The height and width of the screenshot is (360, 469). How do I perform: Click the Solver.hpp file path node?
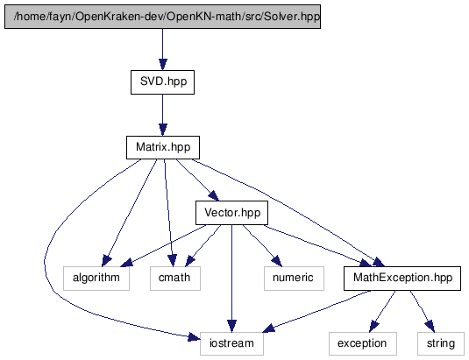(x=162, y=17)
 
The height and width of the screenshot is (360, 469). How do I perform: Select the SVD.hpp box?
(x=162, y=82)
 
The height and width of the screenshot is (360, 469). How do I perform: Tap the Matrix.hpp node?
(x=163, y=147)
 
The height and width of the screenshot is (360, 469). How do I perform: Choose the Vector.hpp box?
(x=231, y=213)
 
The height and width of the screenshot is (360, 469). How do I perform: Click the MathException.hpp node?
(x=402, y=279)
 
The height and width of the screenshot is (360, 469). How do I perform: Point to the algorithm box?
(x=96, y=279)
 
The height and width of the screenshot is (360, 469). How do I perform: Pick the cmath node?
(x=175, y=279)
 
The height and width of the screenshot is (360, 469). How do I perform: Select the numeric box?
(x=294, y=279)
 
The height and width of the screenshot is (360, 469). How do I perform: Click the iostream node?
(x=231, y=343)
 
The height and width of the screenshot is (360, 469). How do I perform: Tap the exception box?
(x=363, y=343)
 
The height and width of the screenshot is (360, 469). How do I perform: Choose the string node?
(x=441, y=343)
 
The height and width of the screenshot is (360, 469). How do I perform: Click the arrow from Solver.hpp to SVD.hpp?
(x=163, y=49)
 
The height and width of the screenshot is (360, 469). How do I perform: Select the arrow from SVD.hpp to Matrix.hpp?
(x=163, y=115)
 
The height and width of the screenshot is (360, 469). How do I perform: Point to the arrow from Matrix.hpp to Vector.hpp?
(x=197, y=180)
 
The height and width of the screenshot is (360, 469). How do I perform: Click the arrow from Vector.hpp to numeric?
(x=262, y=245)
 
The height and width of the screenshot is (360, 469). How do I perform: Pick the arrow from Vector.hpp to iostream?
(x=231, y=279)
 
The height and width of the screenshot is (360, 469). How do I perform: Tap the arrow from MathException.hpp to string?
(x=423, y=311)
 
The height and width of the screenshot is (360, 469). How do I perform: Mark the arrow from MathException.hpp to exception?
(x=382, y=311)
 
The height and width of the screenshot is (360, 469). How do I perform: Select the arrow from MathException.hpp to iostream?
(x=317, y=311)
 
